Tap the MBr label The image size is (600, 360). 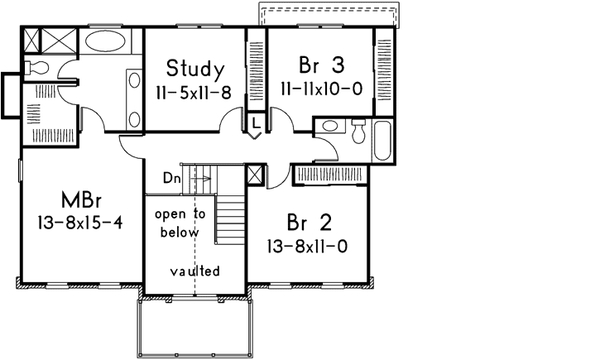80,200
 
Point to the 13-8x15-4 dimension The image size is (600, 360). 80,223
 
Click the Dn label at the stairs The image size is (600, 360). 170,176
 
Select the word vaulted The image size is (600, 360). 195,271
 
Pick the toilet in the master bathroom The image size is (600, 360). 36,67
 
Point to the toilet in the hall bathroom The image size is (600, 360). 358,129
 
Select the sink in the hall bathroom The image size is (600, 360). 329,127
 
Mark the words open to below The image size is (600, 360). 180,223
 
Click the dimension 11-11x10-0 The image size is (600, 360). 322,89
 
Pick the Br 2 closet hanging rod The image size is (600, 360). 331,175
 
